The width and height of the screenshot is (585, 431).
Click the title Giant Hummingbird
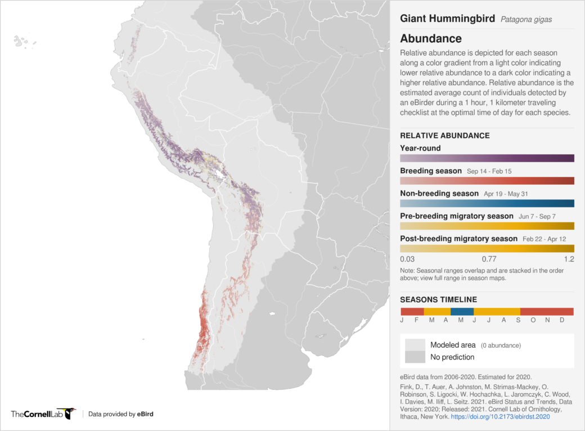(x=447, y=19)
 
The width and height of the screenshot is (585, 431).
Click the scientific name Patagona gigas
(x=526, y=19)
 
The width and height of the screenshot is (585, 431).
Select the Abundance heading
(x=431, y=39)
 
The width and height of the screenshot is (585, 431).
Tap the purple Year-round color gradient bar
(x=487, y=158)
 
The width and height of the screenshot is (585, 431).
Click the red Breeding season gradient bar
(x=487, y=181)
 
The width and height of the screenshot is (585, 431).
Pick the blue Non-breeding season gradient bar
(x=487, y=203)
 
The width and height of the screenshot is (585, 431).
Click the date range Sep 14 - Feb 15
(x=489, y=171)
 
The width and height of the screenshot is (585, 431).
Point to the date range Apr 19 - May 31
(x=505, y=194)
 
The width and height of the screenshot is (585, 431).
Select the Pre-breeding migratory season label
(x=456, y=216)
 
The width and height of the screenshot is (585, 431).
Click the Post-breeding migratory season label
(x=458, y=239)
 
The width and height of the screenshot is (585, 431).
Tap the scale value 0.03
(x=407, y=259)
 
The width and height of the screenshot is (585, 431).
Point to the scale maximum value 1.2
(x=568, y=259)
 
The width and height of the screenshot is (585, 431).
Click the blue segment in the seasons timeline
(x=462, y=312)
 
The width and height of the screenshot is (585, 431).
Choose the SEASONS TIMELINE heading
(x=438, y=300)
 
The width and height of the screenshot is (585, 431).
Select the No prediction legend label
(x=452, y=357)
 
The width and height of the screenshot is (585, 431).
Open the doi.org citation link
(x=500, y=417)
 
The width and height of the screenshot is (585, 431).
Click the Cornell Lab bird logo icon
(x=70, y=414)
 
